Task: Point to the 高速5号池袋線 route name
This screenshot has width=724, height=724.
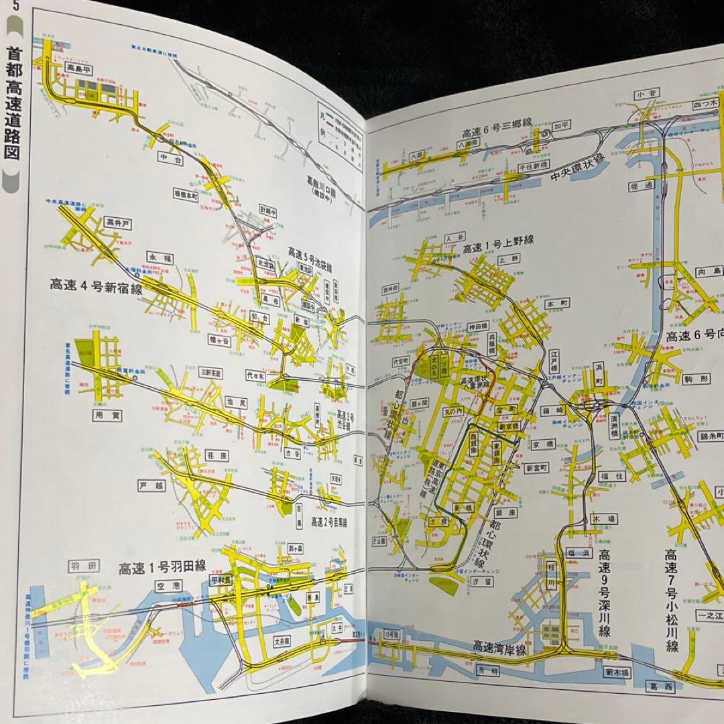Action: click(310, 258)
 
